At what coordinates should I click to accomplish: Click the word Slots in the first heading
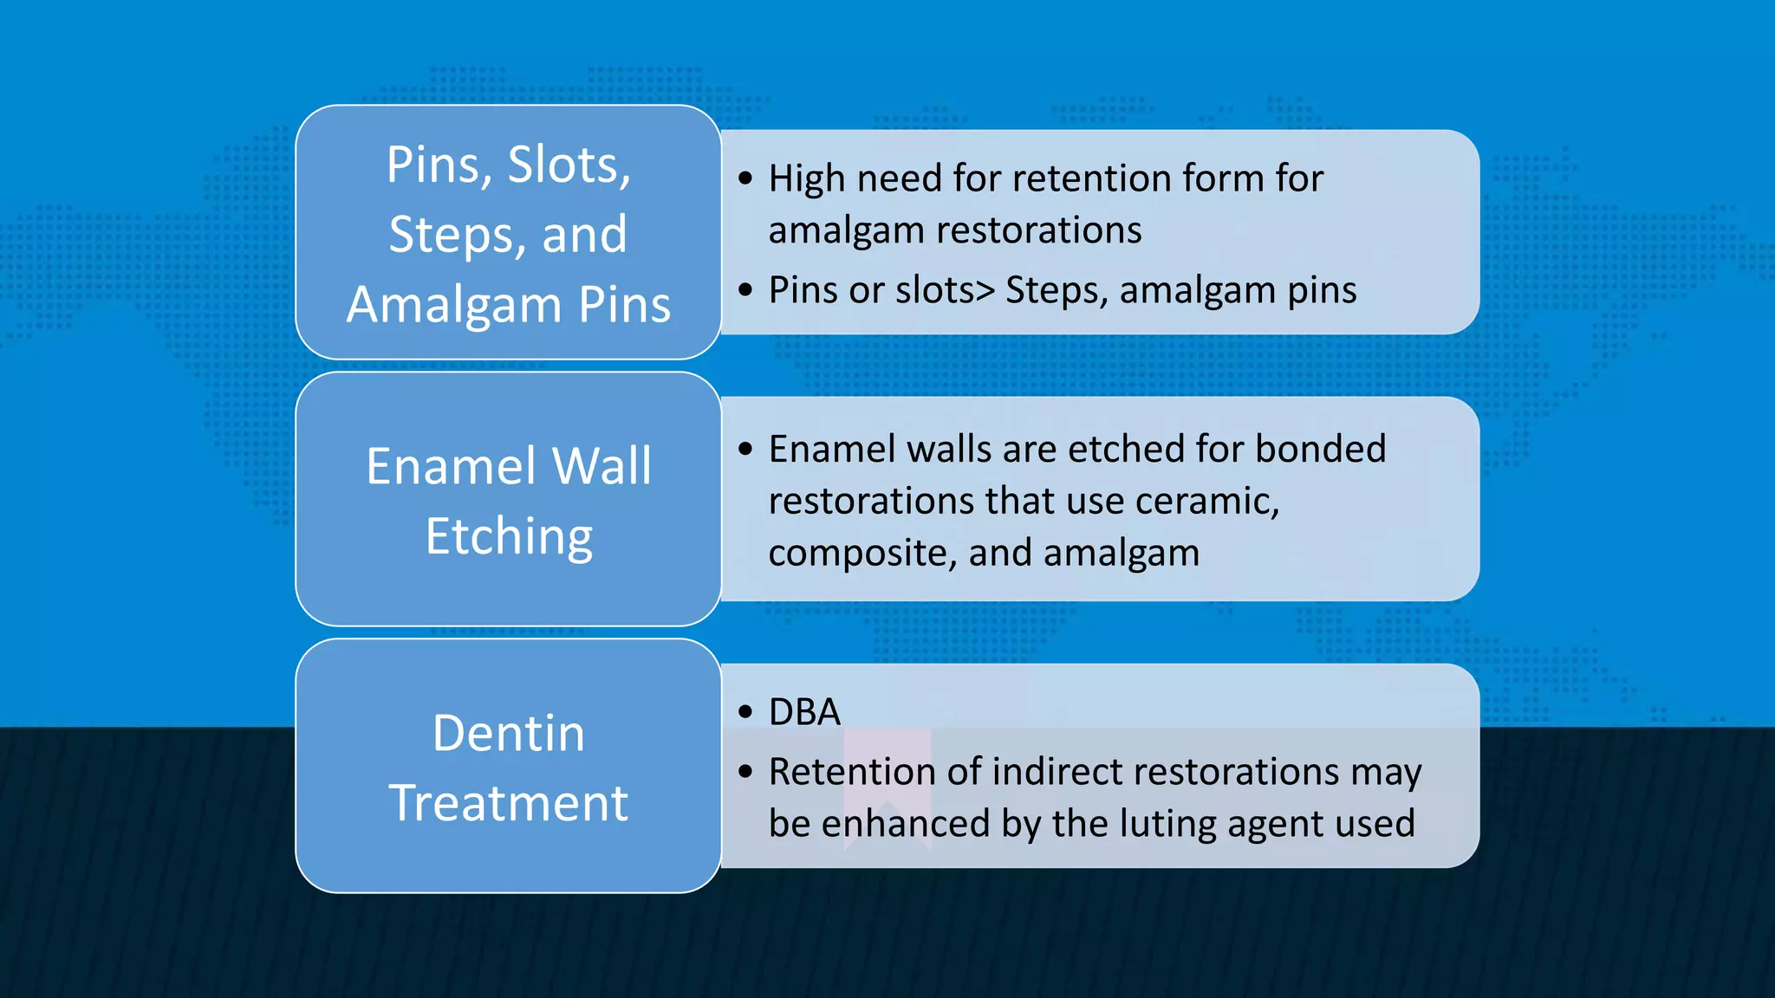pyautogui.click(x=568, y=165)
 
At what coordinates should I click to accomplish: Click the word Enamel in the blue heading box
pyautogui.click(x=451, y=466)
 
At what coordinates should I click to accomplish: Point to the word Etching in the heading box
pyautogui.click(x=509, y=537)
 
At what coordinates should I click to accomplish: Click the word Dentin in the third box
pyautogui.click(x=509, y=734)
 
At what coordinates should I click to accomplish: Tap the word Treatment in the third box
pyautogui.click(x=509, y=803)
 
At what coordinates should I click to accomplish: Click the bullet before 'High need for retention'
pyautogui.click(x=745, y=178)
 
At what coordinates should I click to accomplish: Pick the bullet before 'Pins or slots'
pyautogui.click(x=745, y=290)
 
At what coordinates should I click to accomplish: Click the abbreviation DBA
pyautogui.click(x=804, y=712)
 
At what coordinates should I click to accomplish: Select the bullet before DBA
pyautogui.click(x=745, y=712)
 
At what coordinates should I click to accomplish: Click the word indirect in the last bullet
pyautogui.click(x=1052, y=771)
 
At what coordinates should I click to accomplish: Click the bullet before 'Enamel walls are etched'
pyautogui.click(x=745, y=449)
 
